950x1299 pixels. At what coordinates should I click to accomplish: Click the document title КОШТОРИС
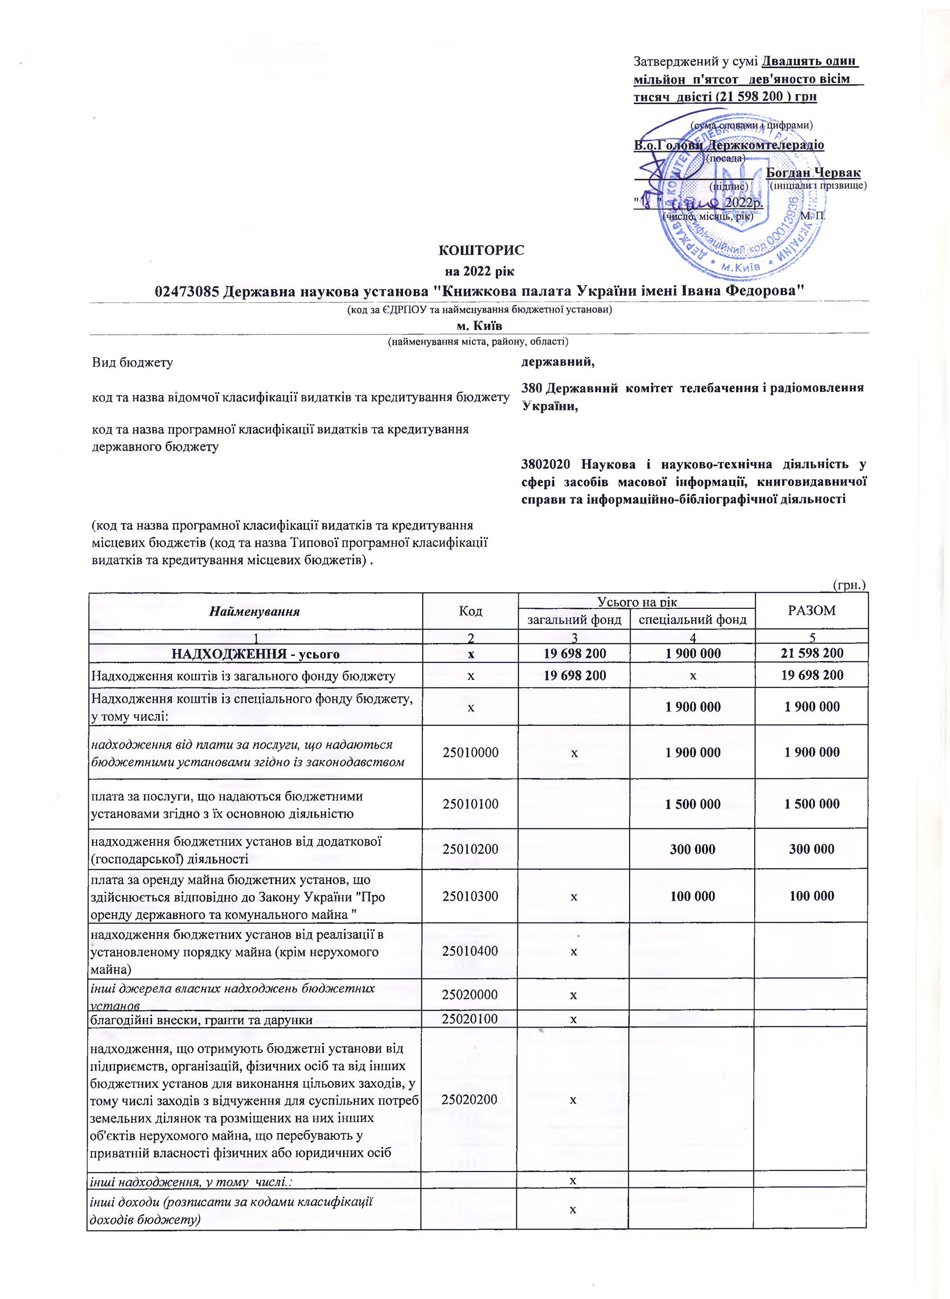[x=481, y=250]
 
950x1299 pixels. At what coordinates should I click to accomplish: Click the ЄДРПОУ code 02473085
[x=187, y=291]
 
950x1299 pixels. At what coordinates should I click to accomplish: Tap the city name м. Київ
[x=479, y=325]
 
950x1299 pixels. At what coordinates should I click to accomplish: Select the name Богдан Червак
[x=813, y=172]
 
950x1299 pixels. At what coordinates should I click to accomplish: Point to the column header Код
[x=470, y=611]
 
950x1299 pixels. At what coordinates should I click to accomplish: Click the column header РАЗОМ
[x=812, y=611]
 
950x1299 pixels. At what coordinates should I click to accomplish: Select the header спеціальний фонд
[x=692, y=620]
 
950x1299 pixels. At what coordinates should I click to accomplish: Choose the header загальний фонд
[x=574, y=620]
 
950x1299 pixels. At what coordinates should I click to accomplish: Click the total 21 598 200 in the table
[x=812, y=653]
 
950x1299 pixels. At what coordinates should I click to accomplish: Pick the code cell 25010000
[x=470, y=752]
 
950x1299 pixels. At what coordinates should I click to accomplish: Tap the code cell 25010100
[x=470, y=804]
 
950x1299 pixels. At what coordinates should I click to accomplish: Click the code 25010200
[x=470, y=849]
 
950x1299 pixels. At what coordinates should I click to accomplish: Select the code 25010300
[x=470, y=896]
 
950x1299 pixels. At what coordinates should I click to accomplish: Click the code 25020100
[x=469, y=1019]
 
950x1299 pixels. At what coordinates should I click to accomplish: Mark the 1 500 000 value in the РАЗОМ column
[x=812, y=804]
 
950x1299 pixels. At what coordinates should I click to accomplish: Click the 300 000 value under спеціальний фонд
[x=692, y=849]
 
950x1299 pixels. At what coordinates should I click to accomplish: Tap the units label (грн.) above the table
[x=849, y=585]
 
